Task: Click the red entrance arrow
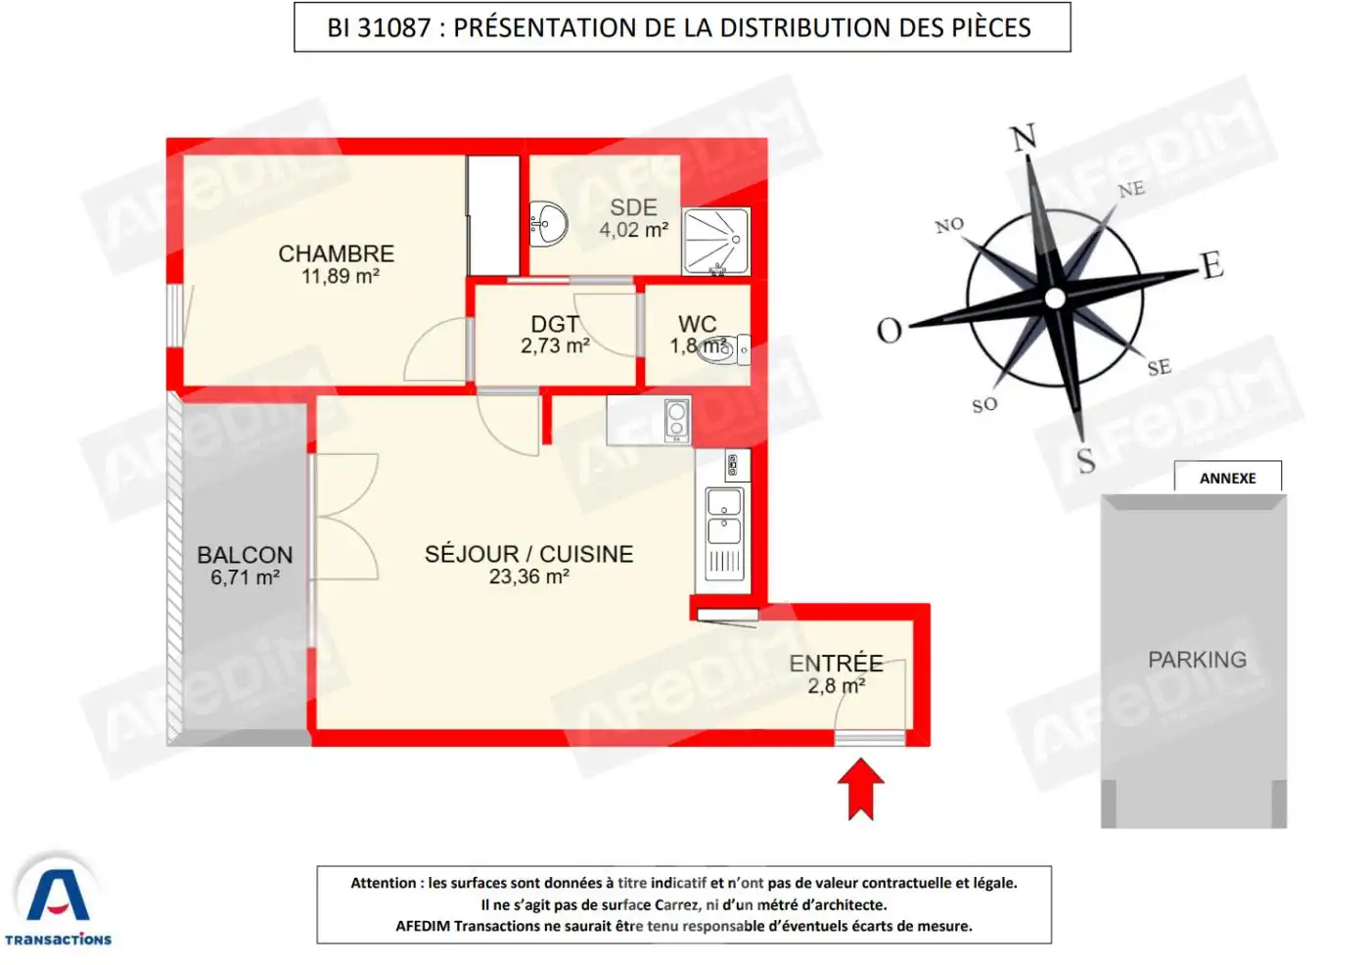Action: pyautogui.click(x=860, y=788)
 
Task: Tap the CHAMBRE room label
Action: pyautogui.click(x=337, y=254)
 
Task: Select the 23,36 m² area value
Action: pyautogui.click(x=528, y=577)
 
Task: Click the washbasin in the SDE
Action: pyautogui.click(x=548, y=223)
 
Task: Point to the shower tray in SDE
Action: pyautogui.click(x=715, y=241)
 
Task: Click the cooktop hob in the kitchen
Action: pyautogui.click(x=676, y=419)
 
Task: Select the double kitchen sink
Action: pyautogui.click(x=724, y=517)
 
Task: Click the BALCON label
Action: pyautogui.click(x=245, y=555)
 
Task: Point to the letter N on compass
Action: pyautogui.click(x=1024, y=138)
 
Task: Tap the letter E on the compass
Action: pyautogui.click(x=1211, y=265)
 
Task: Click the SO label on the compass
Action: pyautogui.click(x=984, y=405)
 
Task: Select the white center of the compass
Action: pyautogui.click(x=1055, y=298)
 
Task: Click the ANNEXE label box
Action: pyautogui.click(x=1227, y=478)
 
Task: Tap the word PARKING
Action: pyautogui.click(x=1197, y=660)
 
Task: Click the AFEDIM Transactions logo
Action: pyautogui.click(x=58, y=900)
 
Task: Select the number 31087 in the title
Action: pyautogui.click(x=394, y=27)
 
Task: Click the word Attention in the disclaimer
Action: pyautogui.click(x=384, y=883)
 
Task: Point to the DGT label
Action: pyautogui.click(x=554, y=324)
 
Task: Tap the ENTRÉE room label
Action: pyautogui.click(x=836, y=664)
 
